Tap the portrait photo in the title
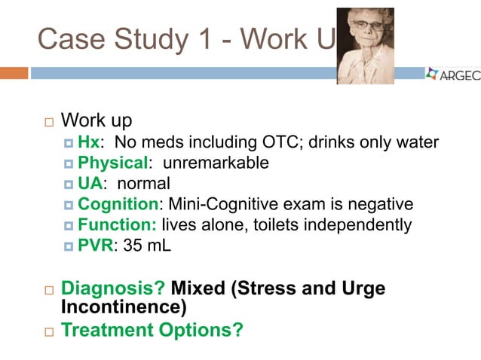click(365, 45)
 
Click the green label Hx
click(88, 142)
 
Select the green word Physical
click(110, 163)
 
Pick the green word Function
click(117, 224)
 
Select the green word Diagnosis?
click(113, 288)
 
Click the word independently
click(362, 224)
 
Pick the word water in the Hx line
click(417, 142)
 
